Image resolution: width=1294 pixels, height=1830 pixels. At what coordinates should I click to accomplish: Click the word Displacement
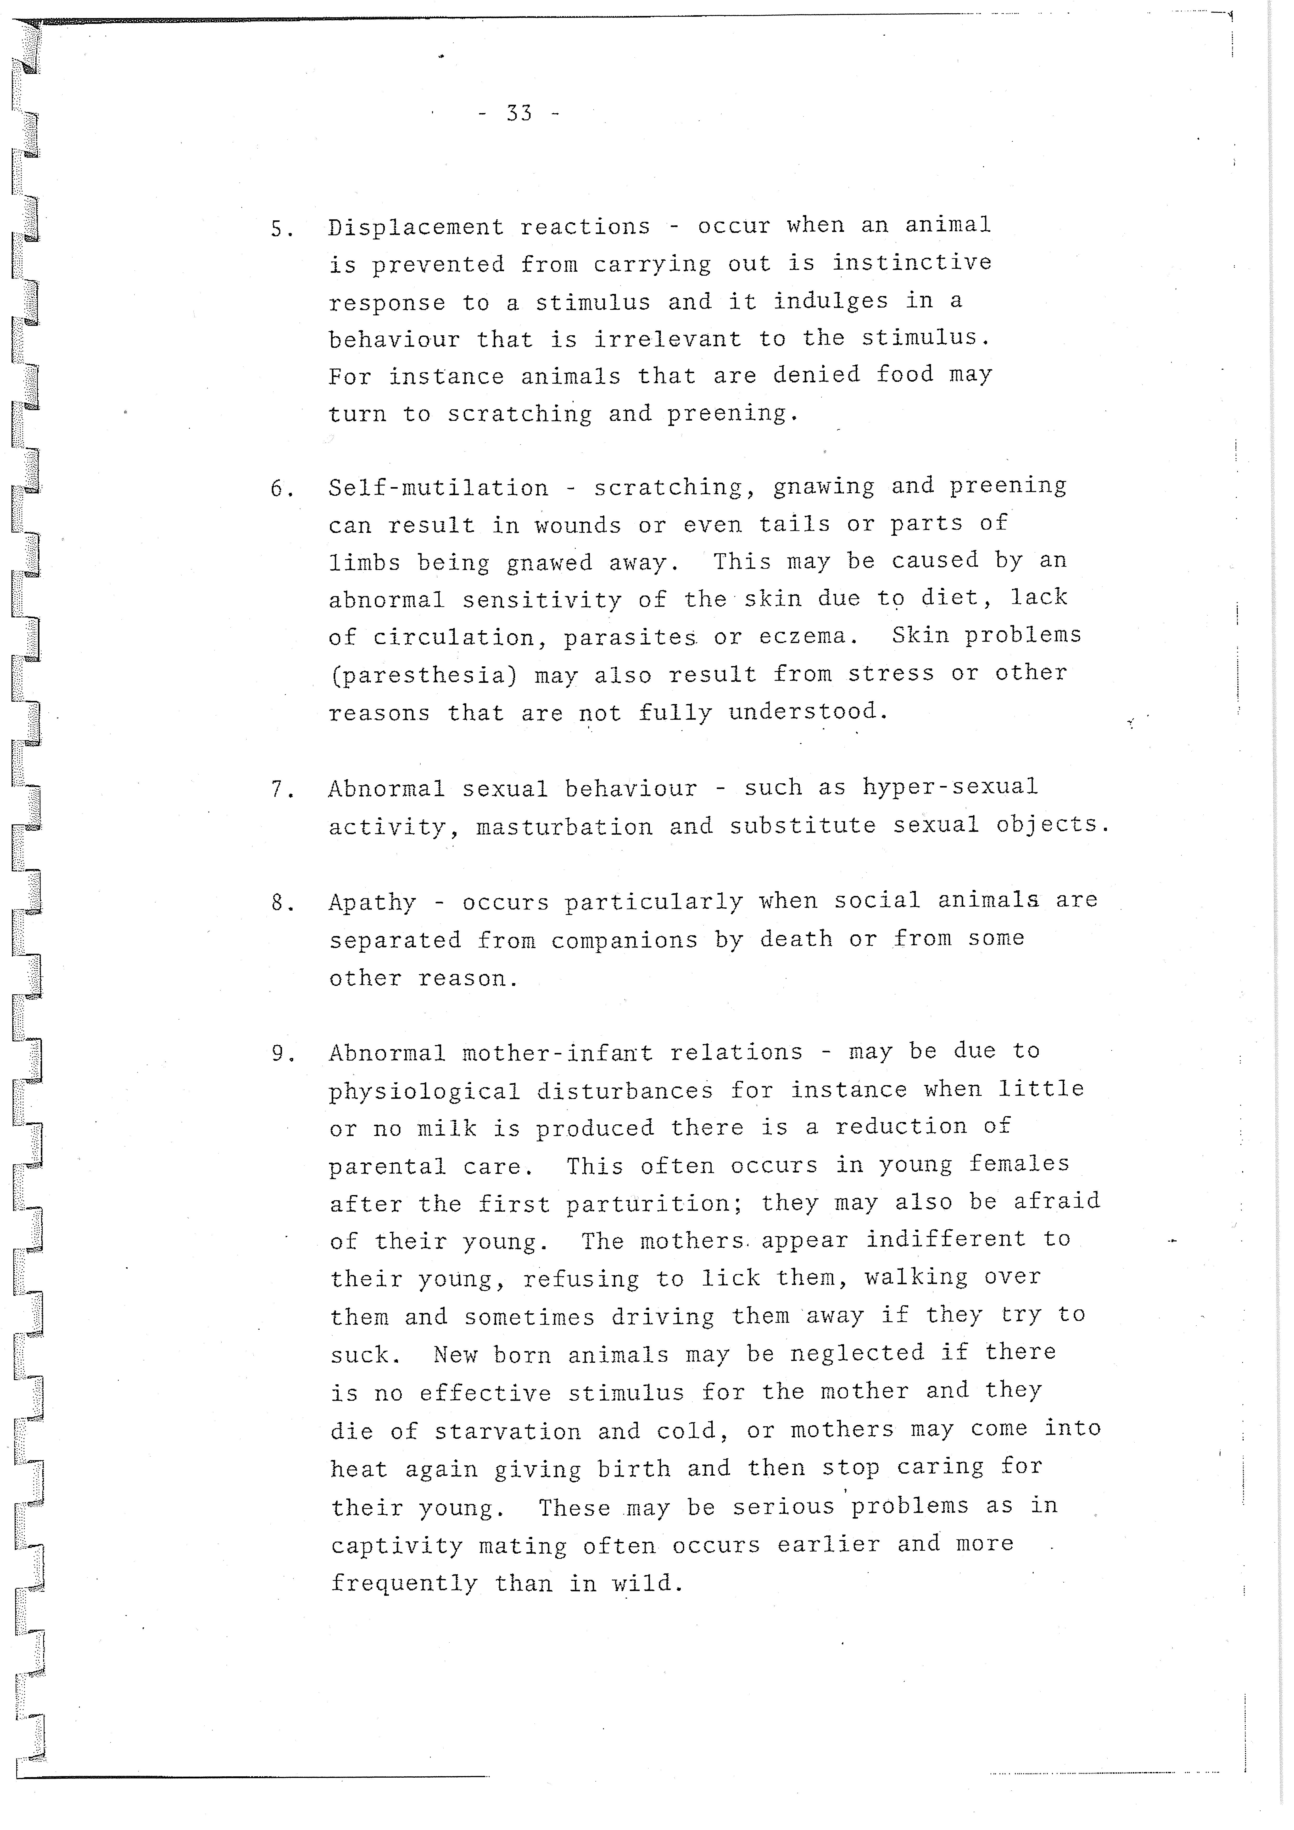(x=416, y=228)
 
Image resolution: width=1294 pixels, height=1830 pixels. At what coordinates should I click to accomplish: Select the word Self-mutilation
(x=438, y=488)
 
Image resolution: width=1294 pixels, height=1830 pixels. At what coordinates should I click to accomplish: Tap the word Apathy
(x=372, y=903)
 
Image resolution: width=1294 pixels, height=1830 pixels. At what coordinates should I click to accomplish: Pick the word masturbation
(x=565, y=827)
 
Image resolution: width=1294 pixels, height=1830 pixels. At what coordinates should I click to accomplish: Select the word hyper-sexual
(x=950, y=788)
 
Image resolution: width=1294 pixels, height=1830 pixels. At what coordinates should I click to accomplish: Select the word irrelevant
(x=667, y=339)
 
